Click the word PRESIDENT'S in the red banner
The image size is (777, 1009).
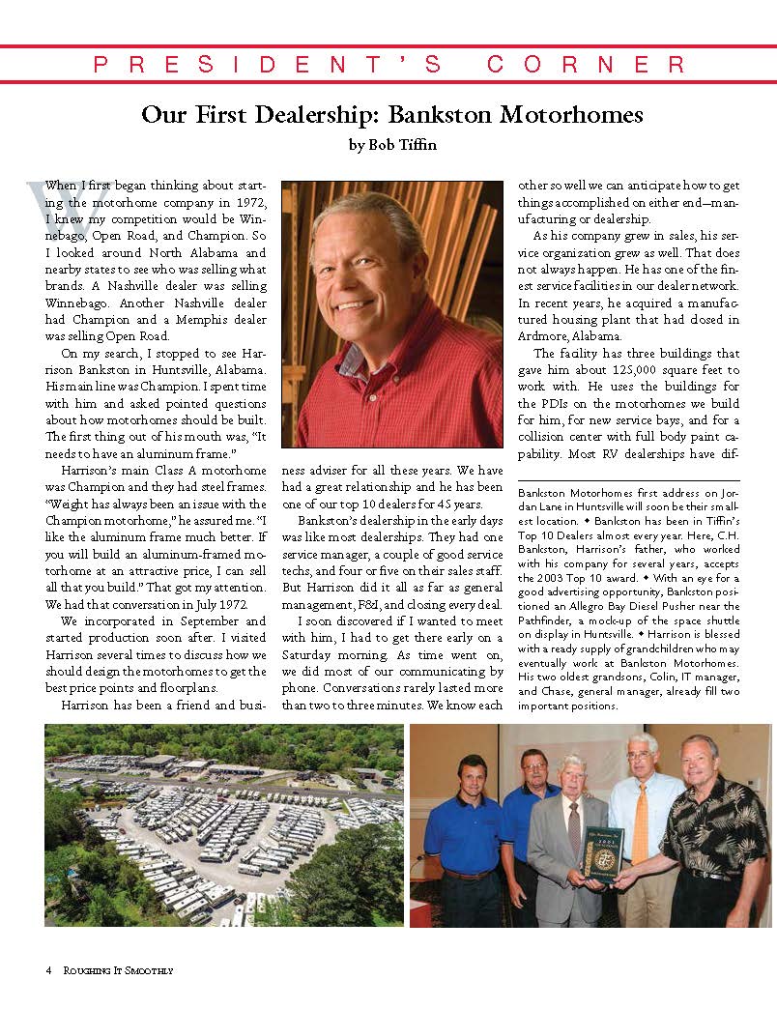(x=268, y=65)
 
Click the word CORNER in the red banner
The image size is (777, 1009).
(x=587, y=65)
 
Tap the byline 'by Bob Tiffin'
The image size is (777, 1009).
(x=391, y=147)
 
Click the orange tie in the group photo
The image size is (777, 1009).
(x=640, y=826)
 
